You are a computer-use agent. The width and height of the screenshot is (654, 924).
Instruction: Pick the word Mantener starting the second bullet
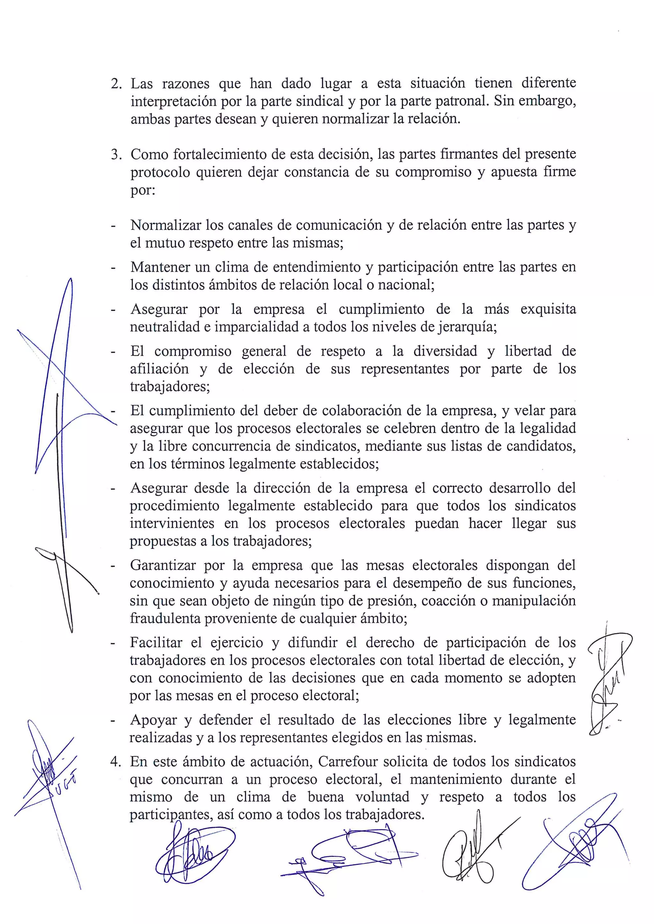click(159, 267)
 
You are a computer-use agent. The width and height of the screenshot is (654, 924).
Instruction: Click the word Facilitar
click(156, 642)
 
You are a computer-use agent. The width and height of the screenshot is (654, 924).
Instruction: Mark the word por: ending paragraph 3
click(142, 190)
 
